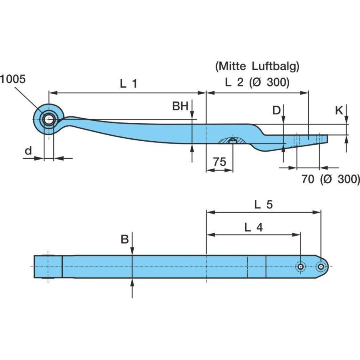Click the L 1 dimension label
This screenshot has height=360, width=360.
click(x=129, y=84)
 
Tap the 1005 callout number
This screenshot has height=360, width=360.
click(x=13, y=79)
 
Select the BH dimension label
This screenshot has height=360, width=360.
click(x=180, y=106)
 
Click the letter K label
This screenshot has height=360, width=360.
click(x=339, y=110)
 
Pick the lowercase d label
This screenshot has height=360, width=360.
click(x=28, y=151)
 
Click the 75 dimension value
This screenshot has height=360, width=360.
click(x=219, y=162)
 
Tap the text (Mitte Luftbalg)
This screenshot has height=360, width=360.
click(x=257, y=66)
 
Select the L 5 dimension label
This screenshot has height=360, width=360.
click(x=264, y=205)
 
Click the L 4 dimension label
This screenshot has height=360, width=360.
click(x=254, y=228)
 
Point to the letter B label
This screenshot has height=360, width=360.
click(x=125, y=239)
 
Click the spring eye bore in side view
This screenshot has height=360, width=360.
click(x=49, y=119)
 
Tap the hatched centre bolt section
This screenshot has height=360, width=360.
click(x=232, y=140)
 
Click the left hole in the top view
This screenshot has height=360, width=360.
click(x=300, y=266)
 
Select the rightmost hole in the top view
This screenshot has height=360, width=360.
click(x=321, y=266)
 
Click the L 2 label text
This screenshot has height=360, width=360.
click(x=234, y=83)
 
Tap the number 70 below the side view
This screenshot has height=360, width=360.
click(x=308, y=180)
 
